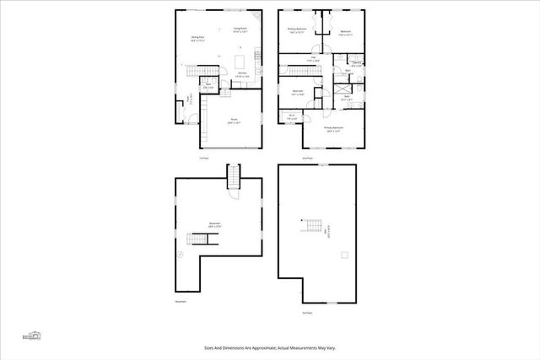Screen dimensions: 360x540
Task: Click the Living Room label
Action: point(240,30)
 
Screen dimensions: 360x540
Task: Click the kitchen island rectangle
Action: point(241,62)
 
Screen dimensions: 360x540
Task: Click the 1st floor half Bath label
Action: point(208,85)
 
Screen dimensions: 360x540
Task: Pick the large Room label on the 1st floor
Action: point(234,121)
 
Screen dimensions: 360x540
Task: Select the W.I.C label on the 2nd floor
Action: point(291,117)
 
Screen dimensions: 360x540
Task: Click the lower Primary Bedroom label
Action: point(335,128)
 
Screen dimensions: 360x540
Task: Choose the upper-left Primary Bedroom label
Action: point(295,30)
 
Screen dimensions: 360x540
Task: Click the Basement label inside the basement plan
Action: point(215,225)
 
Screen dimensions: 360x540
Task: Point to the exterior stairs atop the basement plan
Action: point(234,176)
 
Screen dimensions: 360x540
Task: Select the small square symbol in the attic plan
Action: point(343,254)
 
